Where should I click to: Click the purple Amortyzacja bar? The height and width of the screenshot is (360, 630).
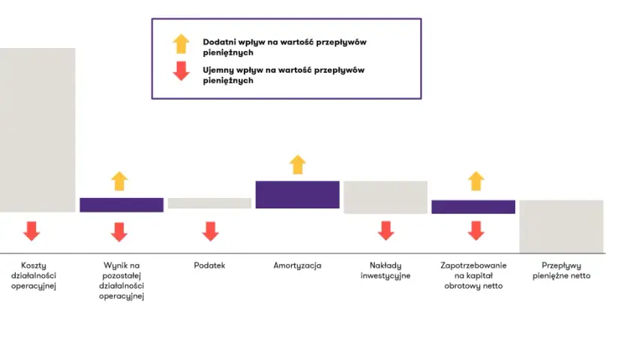[x=297, y=194]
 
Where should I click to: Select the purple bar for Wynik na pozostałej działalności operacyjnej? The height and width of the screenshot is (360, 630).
[x=121, y=205]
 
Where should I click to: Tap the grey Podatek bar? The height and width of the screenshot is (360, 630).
[x=209, y=203]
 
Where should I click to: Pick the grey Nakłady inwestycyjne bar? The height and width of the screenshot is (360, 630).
[x=385, y=197]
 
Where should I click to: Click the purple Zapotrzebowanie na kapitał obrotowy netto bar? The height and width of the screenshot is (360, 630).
[x=473, y=207]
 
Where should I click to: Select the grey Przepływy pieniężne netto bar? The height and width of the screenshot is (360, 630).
[x=561, y=226]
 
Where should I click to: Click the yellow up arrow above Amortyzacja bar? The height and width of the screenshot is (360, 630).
[x=298, y=164]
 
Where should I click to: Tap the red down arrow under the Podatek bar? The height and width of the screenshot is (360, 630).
[x=210, y=231]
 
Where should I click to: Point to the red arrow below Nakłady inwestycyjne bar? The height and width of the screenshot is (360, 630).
[x=385, y=231]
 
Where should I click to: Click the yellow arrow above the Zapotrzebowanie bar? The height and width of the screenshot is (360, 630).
[x=476, y=181]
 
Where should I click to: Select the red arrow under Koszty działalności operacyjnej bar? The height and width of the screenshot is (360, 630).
[x=31, y=231]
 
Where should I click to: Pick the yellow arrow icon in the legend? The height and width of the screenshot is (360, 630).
[x=181, y=43]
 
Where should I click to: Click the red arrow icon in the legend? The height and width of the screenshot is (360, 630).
[x=181, y=71]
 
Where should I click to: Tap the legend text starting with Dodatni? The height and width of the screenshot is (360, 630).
[x=284, y=47]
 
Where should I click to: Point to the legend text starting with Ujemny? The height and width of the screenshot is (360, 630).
[x=283, y=75]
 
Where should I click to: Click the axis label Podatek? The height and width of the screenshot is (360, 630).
[x=209, y=265]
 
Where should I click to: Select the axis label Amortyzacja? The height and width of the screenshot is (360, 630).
[x=297, y=266]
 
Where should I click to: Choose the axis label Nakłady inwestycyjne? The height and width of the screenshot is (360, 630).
[x=385, y=271]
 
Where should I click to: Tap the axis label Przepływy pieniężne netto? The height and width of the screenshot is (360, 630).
[x=561, y=271]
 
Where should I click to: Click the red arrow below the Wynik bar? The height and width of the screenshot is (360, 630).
[x=119, y=232]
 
